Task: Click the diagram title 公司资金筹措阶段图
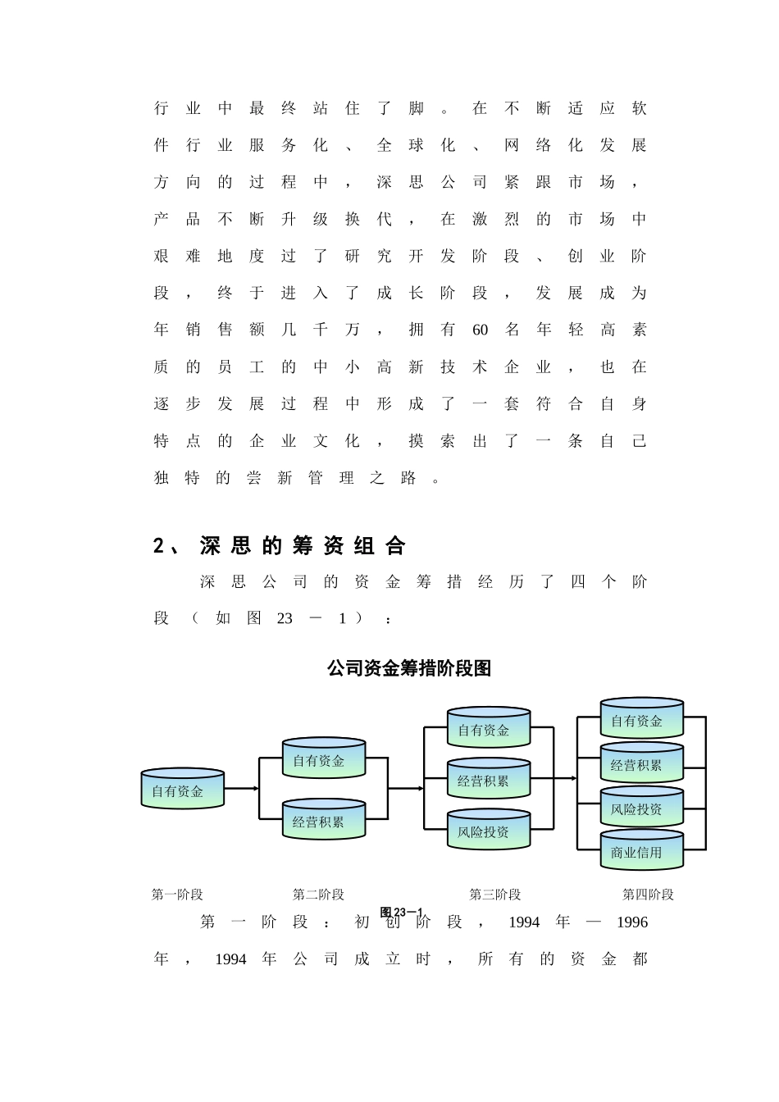[x=408, y=668]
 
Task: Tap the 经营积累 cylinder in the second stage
[x=323, y=821]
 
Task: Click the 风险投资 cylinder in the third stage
[x=488, y=831]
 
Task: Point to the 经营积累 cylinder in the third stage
[x=488, y=780]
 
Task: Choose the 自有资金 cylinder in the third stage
[x=488, y=729]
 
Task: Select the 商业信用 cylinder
[x=641, y=852]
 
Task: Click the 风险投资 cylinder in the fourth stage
[x=641, y=808]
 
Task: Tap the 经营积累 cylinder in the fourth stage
[x=641, y=764]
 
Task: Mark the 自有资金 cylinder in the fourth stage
[x=641, y=720]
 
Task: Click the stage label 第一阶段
[x=177, y=895]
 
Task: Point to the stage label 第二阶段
[x=318, y=895]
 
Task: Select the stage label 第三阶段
[x=494, y=895]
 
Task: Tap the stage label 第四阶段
[x=648, y=895]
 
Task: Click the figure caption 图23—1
[x=401, y=913]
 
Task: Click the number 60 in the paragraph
[x=480, y=330]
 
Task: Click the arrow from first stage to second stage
[x=241, y=789]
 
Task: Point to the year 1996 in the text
[x=631, y=922]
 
